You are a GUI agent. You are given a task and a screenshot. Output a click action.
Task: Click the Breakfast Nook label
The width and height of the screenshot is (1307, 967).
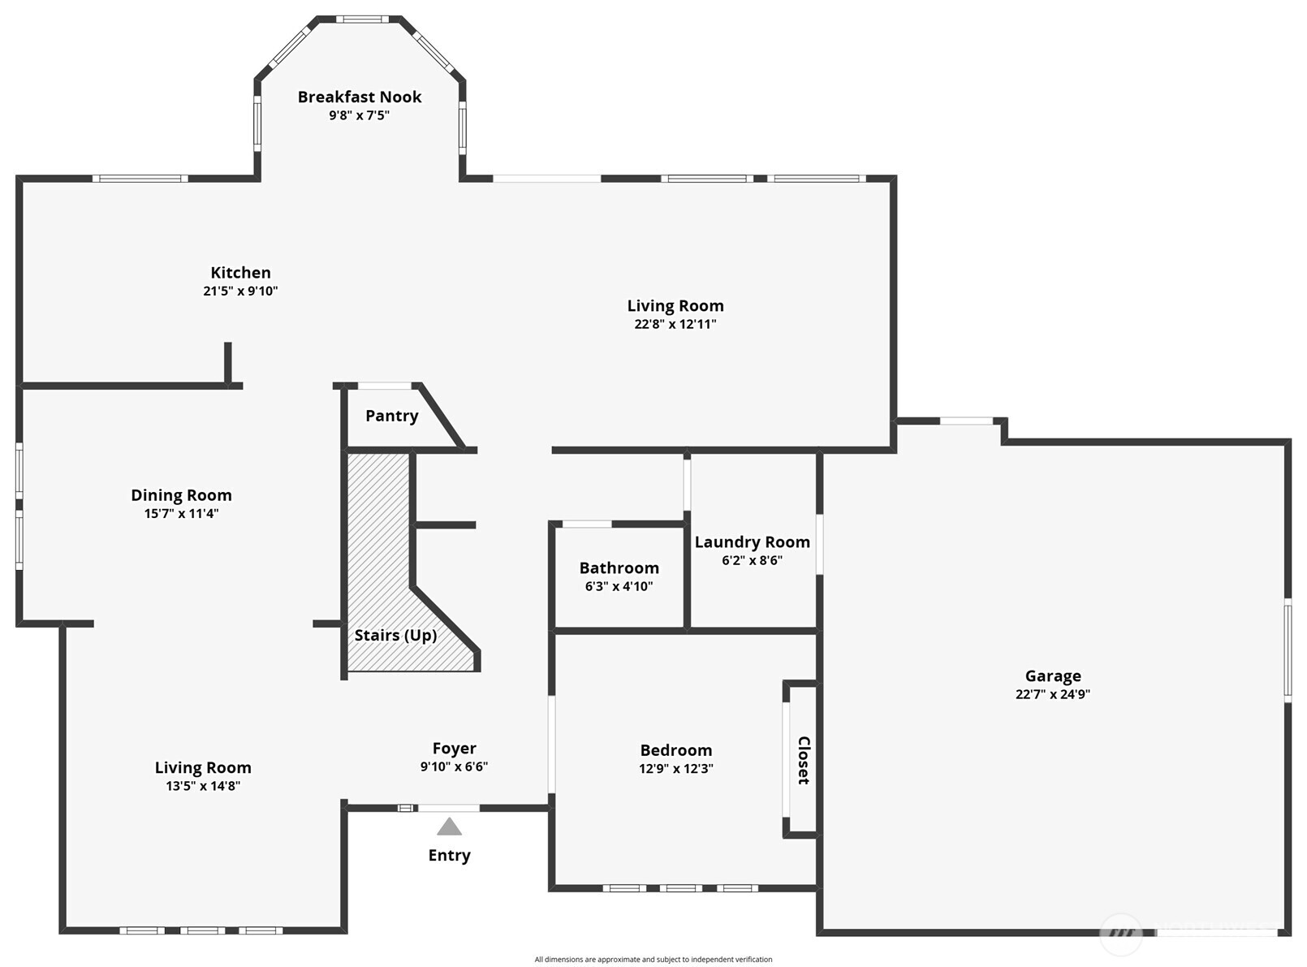point(360,97)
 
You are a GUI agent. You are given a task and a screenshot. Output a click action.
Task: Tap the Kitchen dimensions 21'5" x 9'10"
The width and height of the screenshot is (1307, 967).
point(240,291)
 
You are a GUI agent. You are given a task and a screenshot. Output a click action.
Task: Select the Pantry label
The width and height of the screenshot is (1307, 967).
point(392,416)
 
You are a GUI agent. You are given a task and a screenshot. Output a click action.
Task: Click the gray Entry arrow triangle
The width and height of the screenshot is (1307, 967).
point(449,826)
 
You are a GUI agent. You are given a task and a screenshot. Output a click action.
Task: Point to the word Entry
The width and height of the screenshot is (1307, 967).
point(449,856)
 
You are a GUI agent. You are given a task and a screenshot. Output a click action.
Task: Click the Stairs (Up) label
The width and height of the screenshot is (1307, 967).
point(396,635)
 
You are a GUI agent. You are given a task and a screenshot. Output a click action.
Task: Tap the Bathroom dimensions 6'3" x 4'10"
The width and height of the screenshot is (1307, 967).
point(619,586)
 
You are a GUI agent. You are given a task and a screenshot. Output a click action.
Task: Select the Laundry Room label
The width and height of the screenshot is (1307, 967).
point(752,542)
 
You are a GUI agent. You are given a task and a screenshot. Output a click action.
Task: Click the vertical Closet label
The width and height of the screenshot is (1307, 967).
point(804,760)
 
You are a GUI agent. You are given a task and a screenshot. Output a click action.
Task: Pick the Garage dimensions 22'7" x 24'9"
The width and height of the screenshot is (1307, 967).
point(1053,694)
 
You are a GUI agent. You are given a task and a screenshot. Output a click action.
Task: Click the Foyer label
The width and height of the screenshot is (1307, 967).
point(454,749)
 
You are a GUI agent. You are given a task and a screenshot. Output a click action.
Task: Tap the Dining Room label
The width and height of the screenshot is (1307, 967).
point(181,495)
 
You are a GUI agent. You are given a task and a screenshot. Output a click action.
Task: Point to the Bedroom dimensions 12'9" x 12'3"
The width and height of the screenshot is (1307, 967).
point(676,768)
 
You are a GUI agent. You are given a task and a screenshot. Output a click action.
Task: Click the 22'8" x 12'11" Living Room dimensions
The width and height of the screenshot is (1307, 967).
point(675,324)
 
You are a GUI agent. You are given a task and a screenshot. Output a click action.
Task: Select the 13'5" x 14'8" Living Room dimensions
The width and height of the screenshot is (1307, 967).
point(203,786)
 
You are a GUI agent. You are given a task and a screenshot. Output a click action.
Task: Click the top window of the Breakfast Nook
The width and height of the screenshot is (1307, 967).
point(362,19)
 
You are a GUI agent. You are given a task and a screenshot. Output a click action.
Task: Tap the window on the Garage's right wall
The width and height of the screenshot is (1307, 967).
point(1288,650)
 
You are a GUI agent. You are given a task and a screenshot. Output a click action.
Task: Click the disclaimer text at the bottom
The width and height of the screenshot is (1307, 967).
point(653,960)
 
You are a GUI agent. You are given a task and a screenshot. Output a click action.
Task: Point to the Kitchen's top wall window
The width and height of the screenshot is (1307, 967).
point(140,178)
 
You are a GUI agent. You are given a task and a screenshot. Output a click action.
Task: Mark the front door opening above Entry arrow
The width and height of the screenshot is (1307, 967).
point(449,808)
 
